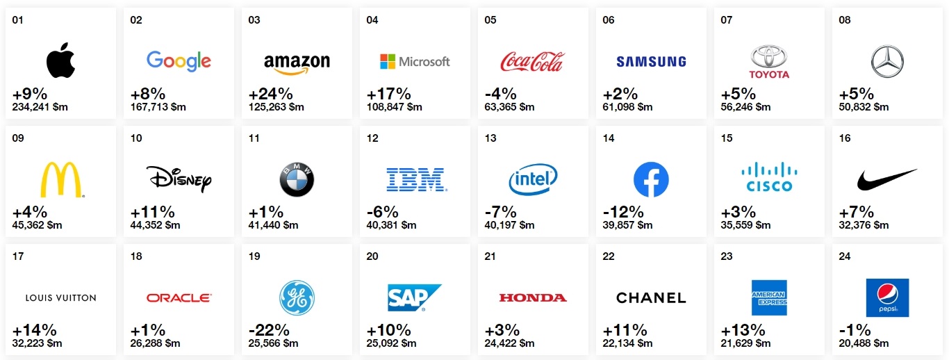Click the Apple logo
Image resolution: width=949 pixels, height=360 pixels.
pos(60,60)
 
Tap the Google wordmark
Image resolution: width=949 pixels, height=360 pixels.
pos(179,61)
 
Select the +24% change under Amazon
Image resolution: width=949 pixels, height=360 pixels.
pos(270,94)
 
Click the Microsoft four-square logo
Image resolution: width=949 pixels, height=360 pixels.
pos(387,62)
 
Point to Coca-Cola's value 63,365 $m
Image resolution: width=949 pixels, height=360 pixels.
pos(509,107)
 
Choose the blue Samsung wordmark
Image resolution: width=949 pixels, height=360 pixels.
pos(651,62)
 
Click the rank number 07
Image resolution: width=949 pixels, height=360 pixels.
pos(726,20)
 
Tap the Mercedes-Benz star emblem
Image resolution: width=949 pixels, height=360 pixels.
pos(887,61)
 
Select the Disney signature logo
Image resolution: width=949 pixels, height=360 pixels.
pos(179,179)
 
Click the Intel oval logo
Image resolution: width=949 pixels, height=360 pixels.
pos(533,180)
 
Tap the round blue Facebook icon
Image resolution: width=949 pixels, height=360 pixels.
pos(651,180)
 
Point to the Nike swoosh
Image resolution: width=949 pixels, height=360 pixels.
pos(886,179)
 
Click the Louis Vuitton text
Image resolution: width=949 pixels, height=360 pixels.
pos(60,298)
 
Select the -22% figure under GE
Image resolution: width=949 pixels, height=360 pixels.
pos(270,330)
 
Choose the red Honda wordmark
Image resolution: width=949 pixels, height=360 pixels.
pos(533,298)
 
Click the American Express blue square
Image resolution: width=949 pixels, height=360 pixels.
pos(769,297)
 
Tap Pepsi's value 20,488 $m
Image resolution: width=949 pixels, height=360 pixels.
pos(864,343)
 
